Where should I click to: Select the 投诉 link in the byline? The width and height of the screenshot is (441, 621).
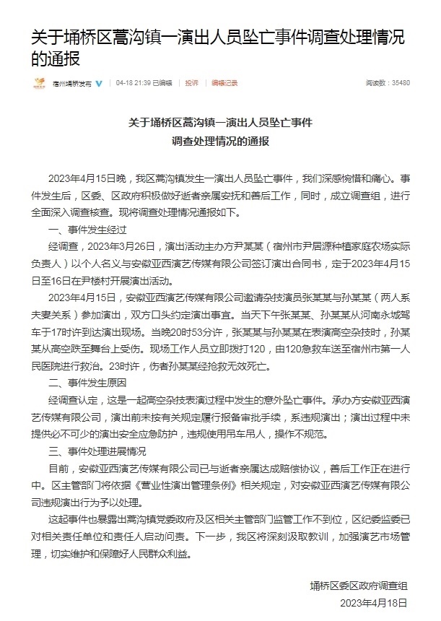191,84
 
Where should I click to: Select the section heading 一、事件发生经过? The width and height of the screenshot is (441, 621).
87,230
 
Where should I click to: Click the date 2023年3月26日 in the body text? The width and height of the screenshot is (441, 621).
120,248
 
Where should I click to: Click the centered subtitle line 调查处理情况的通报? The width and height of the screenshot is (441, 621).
220,141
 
